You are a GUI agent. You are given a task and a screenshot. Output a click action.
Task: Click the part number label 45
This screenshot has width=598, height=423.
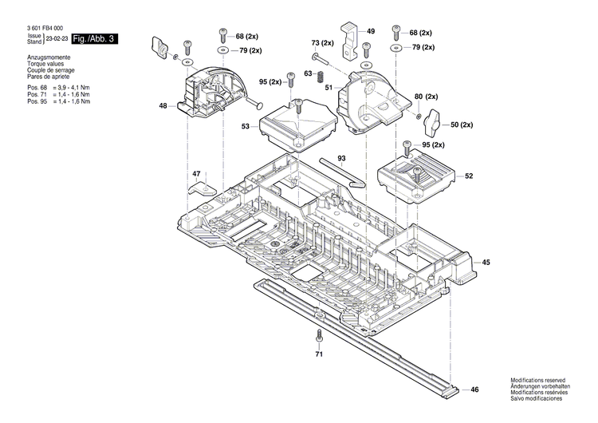[x=486, y=261]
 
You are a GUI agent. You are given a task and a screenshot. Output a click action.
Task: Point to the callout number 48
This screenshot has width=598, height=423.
[x=163, y=105]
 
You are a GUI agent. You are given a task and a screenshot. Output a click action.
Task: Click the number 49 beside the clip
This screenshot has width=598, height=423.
[x=371, y=30]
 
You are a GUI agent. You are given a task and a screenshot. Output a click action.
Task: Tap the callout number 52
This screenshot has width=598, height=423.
[x=469, y=176]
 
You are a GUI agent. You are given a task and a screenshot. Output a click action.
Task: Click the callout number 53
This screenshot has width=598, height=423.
[x=246, y=126]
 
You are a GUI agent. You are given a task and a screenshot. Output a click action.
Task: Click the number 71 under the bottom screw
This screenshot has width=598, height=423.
[x=318, y=353]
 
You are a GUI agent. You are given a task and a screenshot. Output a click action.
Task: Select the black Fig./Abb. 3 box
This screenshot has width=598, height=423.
[x=94, y=38]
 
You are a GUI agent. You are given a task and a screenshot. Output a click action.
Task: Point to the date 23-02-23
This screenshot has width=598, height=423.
[x=56, y=38]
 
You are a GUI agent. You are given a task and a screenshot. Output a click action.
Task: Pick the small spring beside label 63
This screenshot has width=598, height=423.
[x=320, y=76]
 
